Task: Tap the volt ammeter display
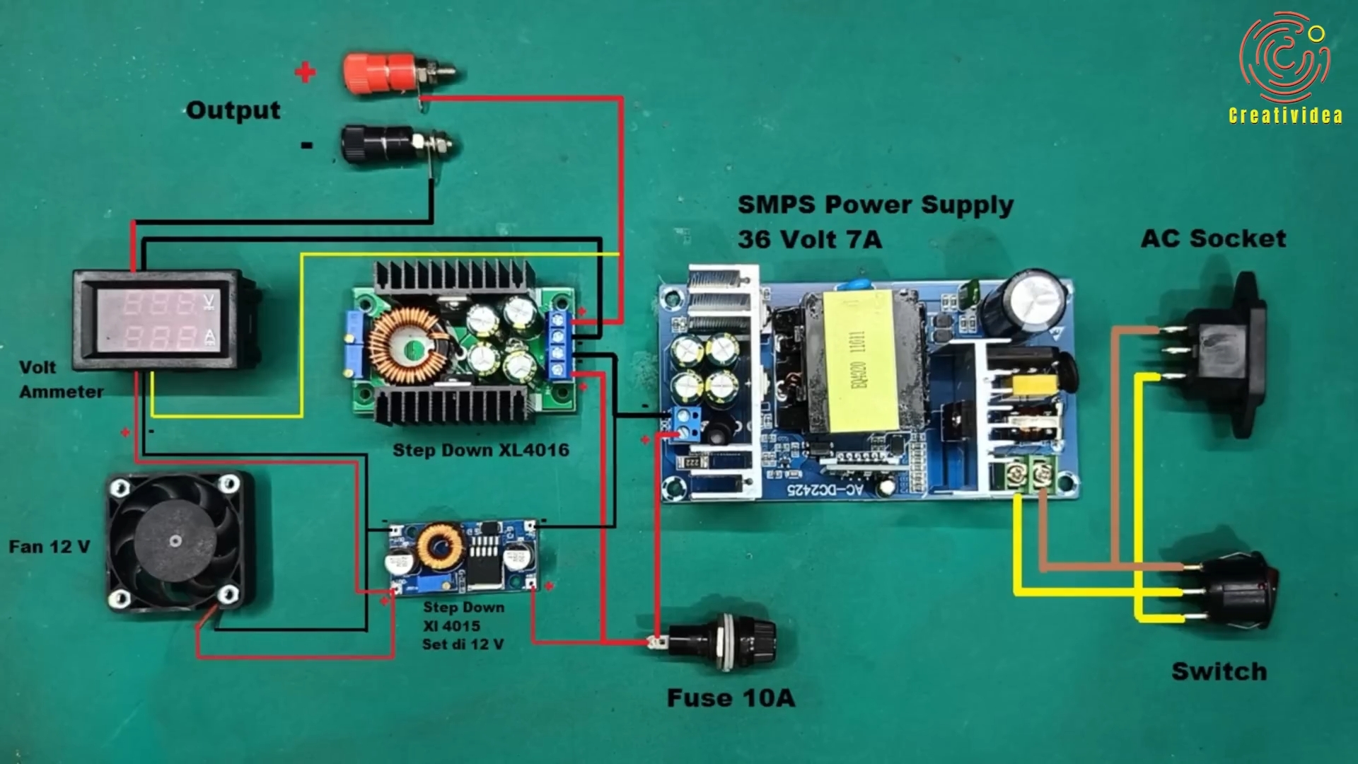[x=164, y=320]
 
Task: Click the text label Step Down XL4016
[x=481, y=450]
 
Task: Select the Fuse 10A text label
[x=731, y=698]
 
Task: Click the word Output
[x=233, y=110]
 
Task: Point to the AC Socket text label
[x=1214, y=238]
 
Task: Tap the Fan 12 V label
[x=50, y=547]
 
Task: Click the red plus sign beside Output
[x=306, y=71]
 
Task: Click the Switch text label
[x=1219, y=671]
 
